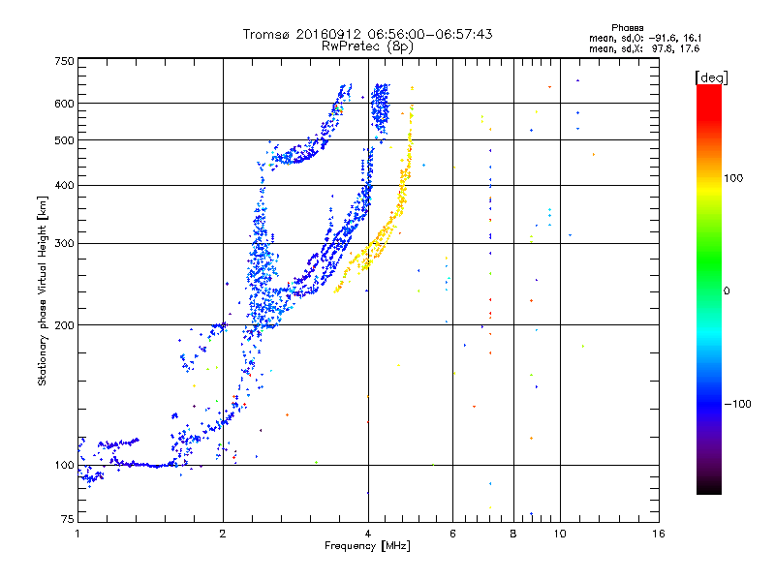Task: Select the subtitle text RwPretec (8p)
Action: (x=367, y=46)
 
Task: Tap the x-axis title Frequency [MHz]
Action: (x=367, y=546)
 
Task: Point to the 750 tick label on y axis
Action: (x=65, y=61)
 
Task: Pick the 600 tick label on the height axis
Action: (x=65, y=104)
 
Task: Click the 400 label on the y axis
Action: (x=65, y=185)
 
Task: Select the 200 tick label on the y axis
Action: (x=65, y=325)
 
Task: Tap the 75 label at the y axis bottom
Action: (x=68, y=519)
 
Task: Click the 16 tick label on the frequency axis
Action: (x=659, y=534)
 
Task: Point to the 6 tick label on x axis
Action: (x=452, y=534)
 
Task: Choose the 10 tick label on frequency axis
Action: (x=560, y=534)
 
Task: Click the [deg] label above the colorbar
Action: (x=712, y=77)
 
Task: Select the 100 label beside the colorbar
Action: (x=733, y=178)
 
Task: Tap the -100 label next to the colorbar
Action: (x=738, y=404)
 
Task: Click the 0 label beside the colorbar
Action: (x=727, y=291)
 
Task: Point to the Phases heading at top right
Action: (x=627, y=28)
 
